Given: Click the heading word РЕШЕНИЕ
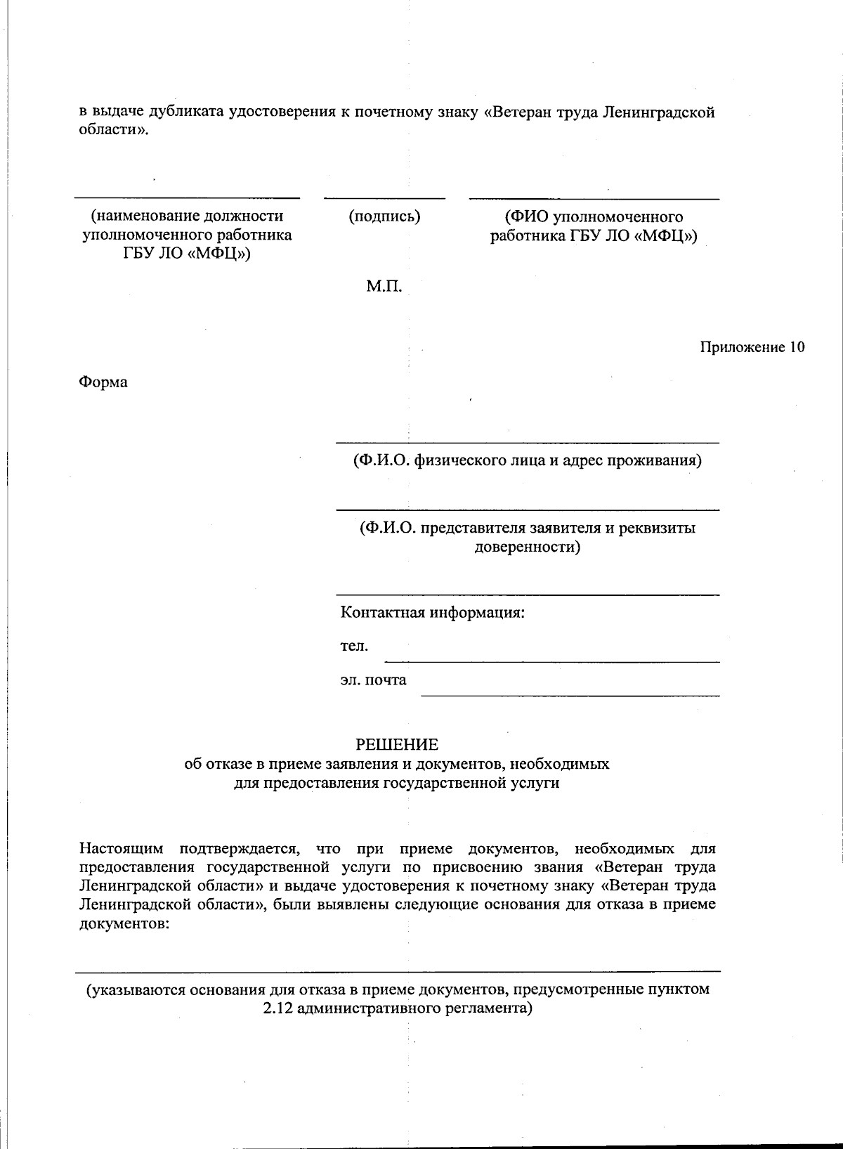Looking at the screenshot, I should pyautogui.click(x=396, y=744).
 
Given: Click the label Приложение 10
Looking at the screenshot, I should pyautogui.click(x=752, y=347).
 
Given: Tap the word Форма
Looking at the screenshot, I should pyautogui.click(x=103, y=382).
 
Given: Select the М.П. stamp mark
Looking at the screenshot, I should pyautogui.click(x=384, y=287).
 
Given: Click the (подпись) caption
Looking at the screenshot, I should pyautogui.click(x=384, y=216).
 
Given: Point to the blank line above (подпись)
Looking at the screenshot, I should pyautogui.click(x=384, y=199).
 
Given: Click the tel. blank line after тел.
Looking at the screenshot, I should pyautogui.click(x=551, y=661).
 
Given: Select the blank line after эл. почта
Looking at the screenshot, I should pyautogui.click(x=570, y=696).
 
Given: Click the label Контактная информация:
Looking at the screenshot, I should pyautogui.click(x=433, y=612).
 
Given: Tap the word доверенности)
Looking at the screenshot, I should pyautogui.click(x=528, y=547).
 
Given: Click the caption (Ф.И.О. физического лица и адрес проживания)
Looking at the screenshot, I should pyautogui.click(x=527, y=461).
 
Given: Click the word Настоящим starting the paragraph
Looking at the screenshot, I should pyautogui.click(x=122, y=849).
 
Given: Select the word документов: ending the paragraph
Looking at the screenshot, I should pyautogui.click(x=124, y=923).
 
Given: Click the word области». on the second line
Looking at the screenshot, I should pyautogui.click(x=113, y=131).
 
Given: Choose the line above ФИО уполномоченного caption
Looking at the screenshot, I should pyautogui.click(x=594, y=199).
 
